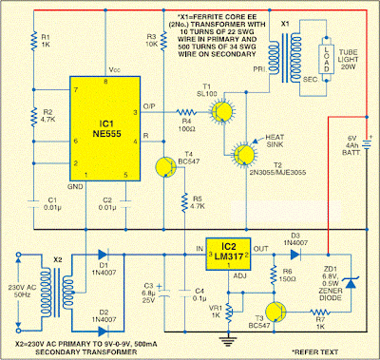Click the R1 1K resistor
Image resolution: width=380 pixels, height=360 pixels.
click(31, 41)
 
